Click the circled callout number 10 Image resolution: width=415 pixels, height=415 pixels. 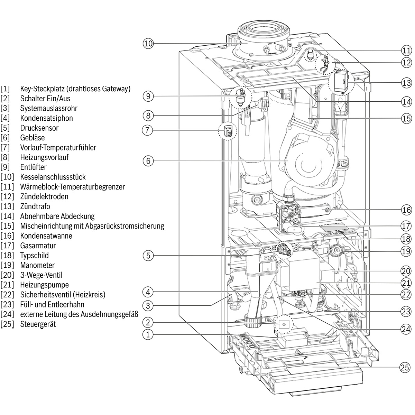pos(148,44)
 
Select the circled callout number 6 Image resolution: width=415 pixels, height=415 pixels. pos(148,161)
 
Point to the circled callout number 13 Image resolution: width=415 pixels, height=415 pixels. pos(407,83)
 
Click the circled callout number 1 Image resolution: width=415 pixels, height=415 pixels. pos(148,334)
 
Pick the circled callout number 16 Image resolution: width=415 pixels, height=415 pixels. pos(407,210)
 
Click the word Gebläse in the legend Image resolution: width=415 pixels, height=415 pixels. pos(33,138)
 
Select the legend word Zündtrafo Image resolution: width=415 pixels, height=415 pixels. pos(35,206)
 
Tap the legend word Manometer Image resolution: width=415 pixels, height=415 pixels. pos(37,265)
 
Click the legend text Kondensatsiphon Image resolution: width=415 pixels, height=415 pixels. pos(46,118)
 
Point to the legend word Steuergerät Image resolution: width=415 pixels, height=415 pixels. pos(38,324)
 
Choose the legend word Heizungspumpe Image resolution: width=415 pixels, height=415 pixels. pos(44,285)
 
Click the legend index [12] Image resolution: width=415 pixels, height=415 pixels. pos(7,196)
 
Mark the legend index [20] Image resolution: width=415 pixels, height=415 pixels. pos(7,275)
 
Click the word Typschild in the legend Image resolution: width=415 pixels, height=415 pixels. pos(34,256)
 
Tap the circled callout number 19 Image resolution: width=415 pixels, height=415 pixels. pos(407,251)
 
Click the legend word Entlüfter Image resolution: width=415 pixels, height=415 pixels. pos(33,167)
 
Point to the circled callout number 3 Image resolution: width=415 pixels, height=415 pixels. pos(148,306)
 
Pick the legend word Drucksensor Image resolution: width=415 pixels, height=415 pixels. pos(39,128)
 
